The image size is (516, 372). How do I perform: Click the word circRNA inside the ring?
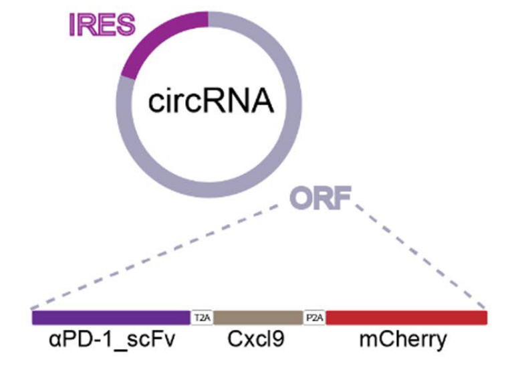[211, 102]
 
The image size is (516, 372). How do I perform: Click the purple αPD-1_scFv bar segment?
[111, 316]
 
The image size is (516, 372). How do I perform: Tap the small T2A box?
[202, 316]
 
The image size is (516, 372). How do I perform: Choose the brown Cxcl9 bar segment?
[258, 316]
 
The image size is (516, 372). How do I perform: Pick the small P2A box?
[314, 316]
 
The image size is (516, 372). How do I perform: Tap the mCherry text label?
[403, 340]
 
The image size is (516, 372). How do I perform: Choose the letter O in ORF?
[301, 199]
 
